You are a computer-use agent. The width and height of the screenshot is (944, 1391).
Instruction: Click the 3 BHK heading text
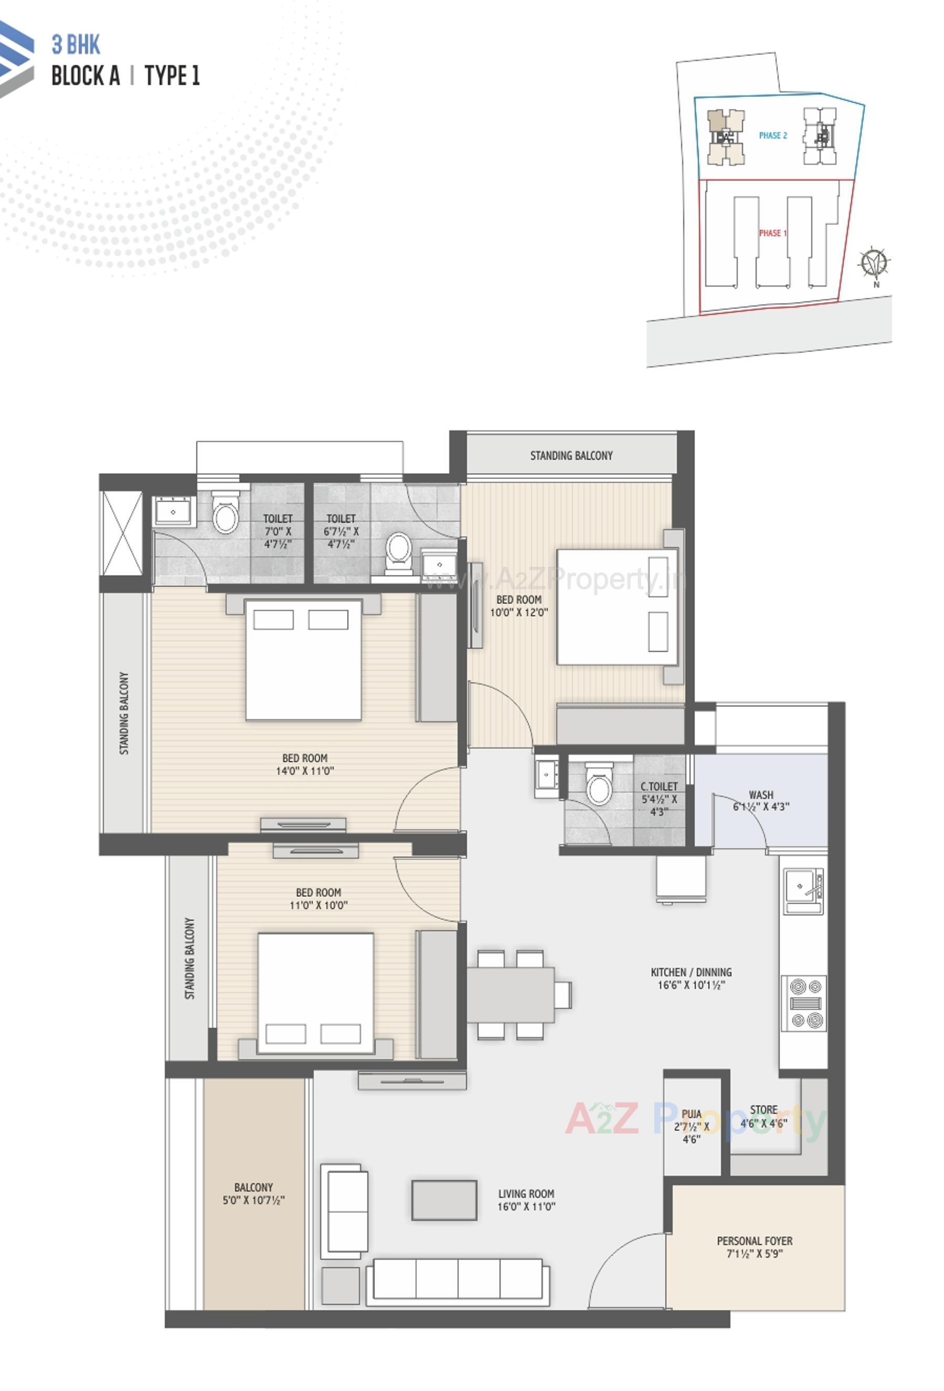pyautogui.click(x=76, y=45)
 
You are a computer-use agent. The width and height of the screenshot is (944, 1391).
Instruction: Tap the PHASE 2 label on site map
pyautogui.click(x=772, y=135)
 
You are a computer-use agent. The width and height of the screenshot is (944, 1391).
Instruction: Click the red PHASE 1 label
pyautogui.click(x=772, y=233)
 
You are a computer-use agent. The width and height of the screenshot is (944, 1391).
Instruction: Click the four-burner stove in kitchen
pyautogui.click(x=803, y=1003)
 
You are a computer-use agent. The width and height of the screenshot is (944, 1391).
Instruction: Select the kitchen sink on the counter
pyautogui.click(x=802, y=887)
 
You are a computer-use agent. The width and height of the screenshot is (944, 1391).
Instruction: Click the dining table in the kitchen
pyautogui.click(x=510, y=994)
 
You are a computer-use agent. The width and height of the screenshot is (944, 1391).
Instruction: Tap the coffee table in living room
pyautogui.click(x=444, y=1199)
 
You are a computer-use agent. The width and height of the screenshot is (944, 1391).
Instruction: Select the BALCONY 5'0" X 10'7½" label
pyautogui.click(x=253, y=1194)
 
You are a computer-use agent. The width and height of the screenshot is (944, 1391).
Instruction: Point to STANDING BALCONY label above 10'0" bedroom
pyautogui.click(x=571, y=456)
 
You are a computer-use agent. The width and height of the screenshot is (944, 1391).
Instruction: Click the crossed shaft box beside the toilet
pyautogui.click(x=122, y=532)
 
